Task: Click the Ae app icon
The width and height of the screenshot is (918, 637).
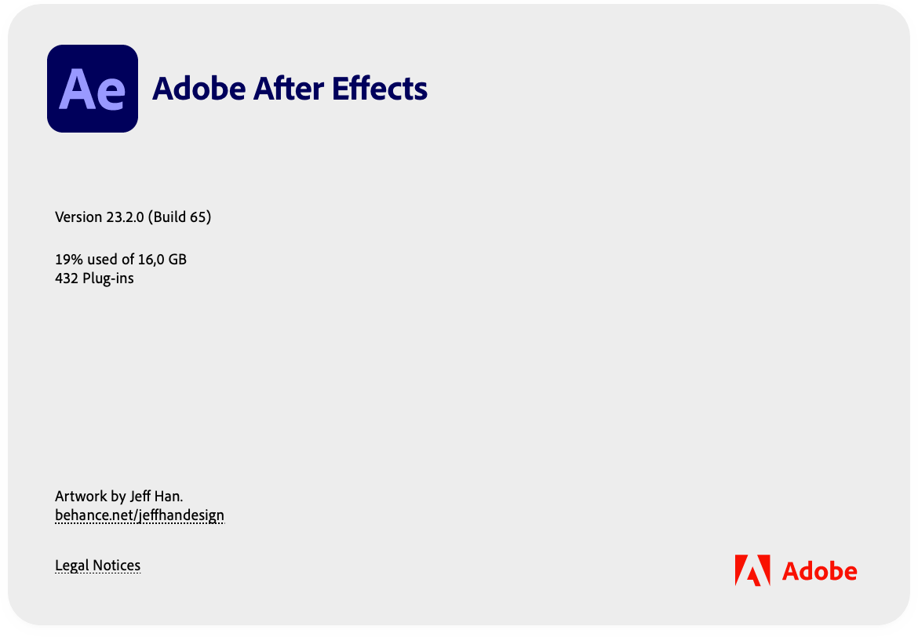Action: coord(93,89)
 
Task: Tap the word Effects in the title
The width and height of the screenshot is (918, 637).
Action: coord(381,89)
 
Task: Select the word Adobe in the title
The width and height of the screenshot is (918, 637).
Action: coord(199,89)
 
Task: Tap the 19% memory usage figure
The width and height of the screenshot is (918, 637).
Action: coord(67,259)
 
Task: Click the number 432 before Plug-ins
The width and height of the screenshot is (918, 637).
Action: coord(67,278)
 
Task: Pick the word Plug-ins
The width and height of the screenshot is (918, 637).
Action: coord(108,278)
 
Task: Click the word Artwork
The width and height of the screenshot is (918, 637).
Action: coord(81,496)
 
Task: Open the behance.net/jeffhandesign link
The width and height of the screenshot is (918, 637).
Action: coord(140,515)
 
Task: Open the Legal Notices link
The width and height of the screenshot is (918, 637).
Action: coord(98,566)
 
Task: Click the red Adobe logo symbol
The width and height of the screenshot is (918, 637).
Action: coord(752,570)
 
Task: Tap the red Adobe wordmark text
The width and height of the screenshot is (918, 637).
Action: coord(820,571)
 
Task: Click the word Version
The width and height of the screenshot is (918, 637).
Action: coord(78,217)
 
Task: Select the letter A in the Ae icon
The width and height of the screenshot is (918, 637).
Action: coord(76,90)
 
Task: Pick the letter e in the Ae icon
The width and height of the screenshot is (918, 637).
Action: coord(110,93)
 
